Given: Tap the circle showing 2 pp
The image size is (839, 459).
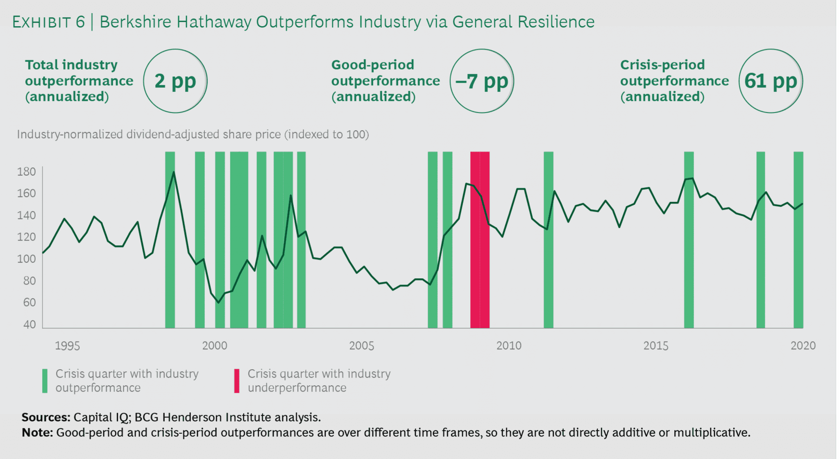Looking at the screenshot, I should (175, 81).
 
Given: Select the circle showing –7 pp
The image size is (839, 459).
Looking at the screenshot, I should (482, 81).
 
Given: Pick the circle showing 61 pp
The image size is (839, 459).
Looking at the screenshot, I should (771, 81).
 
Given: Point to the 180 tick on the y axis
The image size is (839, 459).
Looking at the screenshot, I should (26, 172).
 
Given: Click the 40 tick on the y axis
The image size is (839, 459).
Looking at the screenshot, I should (29, 325).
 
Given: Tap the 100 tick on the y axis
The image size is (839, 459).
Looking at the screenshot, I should (26, 259).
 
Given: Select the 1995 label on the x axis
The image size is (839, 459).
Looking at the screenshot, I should (67, 346).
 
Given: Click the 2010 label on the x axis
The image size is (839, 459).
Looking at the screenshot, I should (509, 346).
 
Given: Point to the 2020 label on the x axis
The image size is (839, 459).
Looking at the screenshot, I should (803, 346).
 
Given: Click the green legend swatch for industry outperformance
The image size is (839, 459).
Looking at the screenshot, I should (45, 381).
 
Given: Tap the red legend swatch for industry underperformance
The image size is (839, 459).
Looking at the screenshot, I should (237, 381).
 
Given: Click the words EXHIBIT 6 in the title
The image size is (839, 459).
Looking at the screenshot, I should (48, 22).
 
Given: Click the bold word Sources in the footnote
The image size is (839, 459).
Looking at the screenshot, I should (46, 417).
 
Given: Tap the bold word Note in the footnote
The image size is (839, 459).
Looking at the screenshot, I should (37, 433).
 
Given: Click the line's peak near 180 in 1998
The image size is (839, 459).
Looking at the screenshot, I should (174, 172).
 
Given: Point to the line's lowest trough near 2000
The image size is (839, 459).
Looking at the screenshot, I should (218, 303).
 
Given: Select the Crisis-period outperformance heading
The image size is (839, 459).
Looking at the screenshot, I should (674, 81).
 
